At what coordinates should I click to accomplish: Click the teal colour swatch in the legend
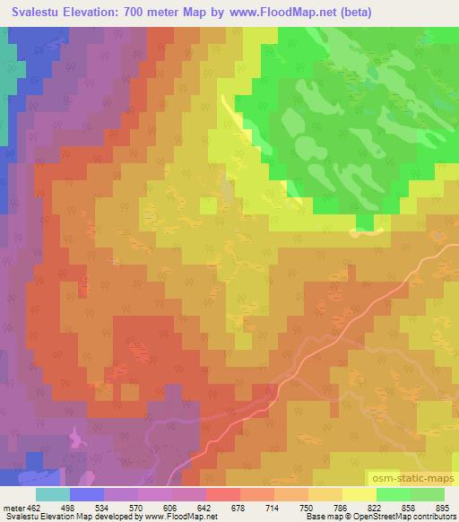[53, 494]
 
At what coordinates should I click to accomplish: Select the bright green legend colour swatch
[394, 494]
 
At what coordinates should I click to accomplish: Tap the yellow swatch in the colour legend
[359, 494]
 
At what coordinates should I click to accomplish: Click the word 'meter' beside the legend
[13, 507]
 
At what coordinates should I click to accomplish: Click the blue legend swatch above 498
[87, 494]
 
